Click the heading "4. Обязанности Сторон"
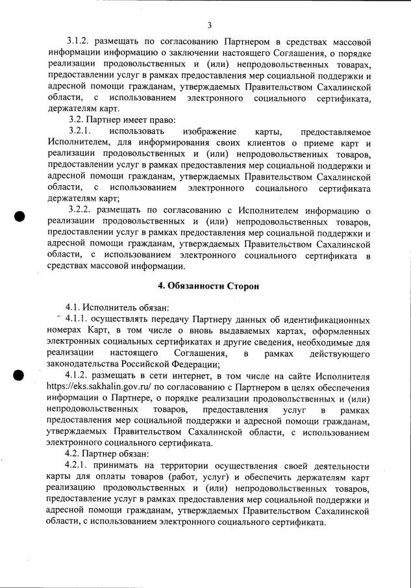pyautogui.click(x=209, y=286)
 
